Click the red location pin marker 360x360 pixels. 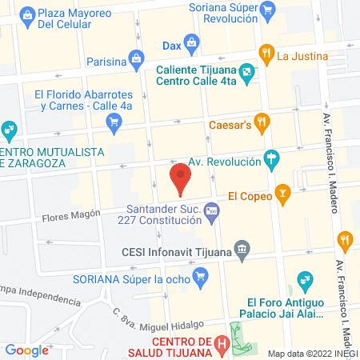[182, 178]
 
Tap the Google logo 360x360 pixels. [26, 350]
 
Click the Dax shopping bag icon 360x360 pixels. [192, 42]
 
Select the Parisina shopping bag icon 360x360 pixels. [137, 58]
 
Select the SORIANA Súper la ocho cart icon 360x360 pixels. [200, 278]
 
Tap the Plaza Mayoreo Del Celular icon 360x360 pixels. [27, 14]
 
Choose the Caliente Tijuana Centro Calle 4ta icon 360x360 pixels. [249, 74]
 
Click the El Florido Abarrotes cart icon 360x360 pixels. [114, 122]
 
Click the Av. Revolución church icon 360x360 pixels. [272, 160]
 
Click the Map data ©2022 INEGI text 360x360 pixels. [312, 353]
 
